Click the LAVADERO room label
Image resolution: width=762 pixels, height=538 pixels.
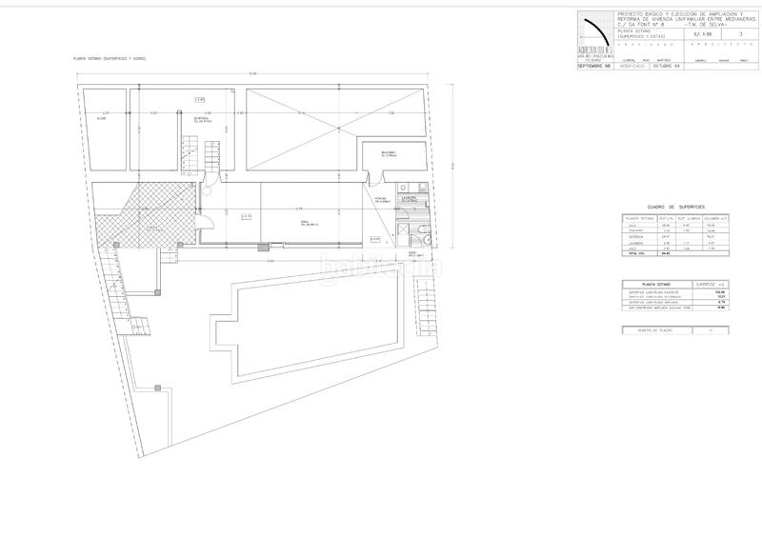410,200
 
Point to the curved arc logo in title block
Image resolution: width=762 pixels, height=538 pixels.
595,33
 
